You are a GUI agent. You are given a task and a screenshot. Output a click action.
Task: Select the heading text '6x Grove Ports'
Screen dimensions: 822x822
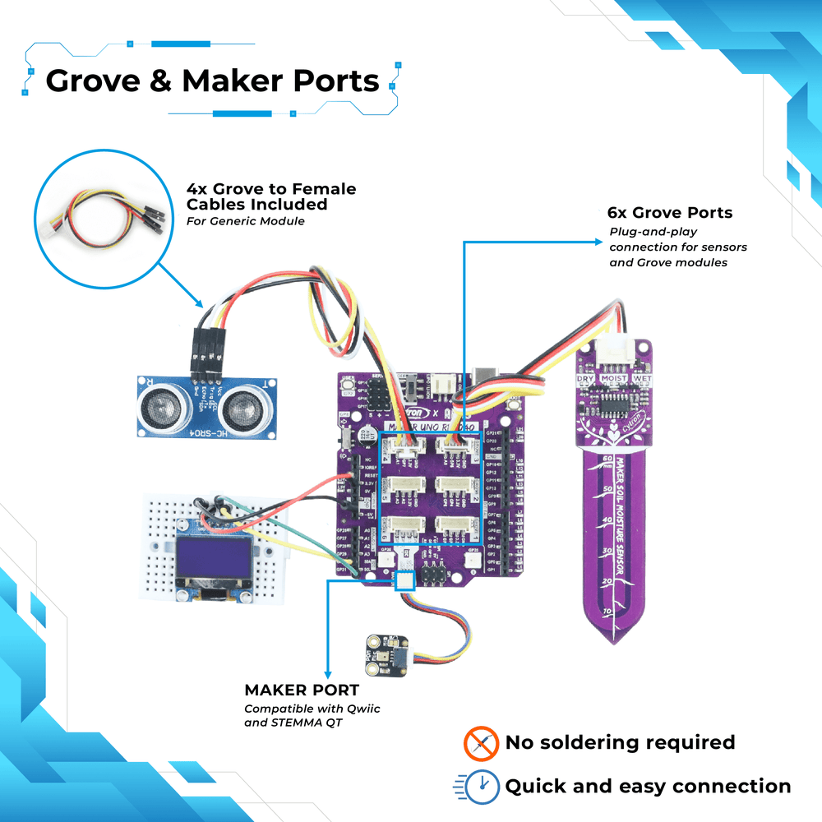click(670, 213)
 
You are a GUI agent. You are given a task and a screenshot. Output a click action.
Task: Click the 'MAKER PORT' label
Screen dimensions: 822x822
click(301, 690)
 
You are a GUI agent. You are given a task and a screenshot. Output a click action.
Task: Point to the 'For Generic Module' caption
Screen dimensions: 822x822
click(245, 221)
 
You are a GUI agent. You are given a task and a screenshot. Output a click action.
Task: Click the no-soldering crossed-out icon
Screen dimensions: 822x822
click(481, 743)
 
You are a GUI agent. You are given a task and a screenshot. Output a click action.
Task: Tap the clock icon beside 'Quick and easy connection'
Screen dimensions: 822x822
click(481, 787)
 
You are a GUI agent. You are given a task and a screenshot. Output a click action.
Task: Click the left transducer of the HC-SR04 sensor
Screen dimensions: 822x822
click(160, 406)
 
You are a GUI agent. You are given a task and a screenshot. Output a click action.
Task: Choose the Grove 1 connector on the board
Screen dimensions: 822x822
click(451, 526)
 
